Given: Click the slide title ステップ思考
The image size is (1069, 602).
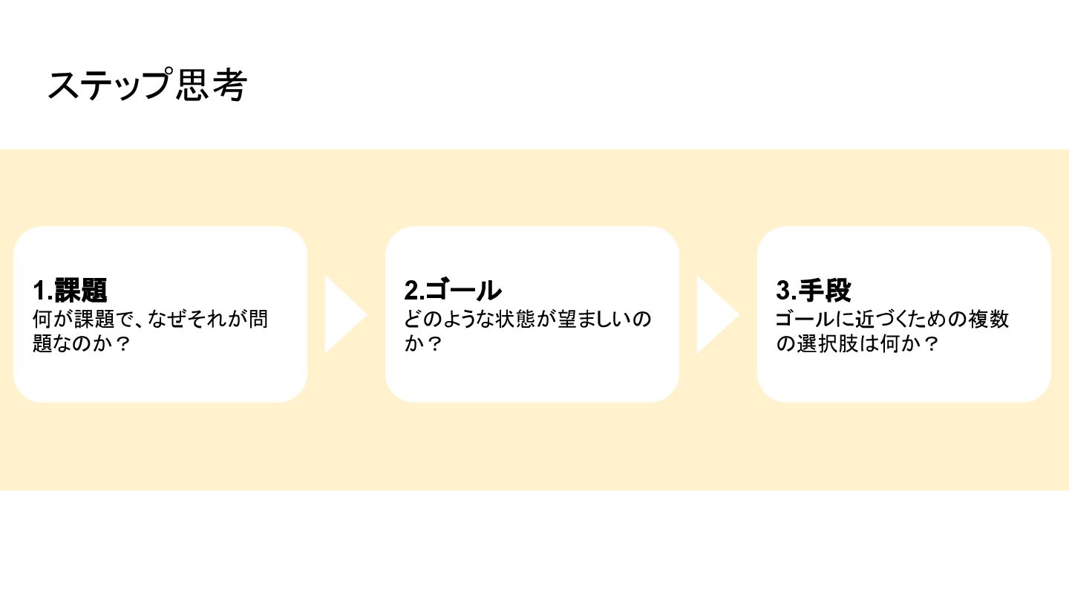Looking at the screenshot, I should pos(146,85).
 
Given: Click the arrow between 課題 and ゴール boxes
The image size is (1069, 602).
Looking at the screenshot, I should pos(344,314).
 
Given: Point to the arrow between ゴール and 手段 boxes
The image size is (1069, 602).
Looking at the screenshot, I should pos(716,314).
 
